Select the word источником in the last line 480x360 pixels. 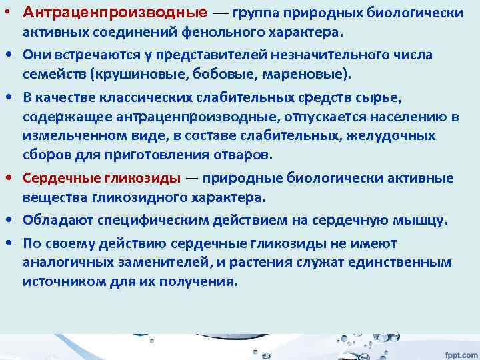(x=59, y=281)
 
